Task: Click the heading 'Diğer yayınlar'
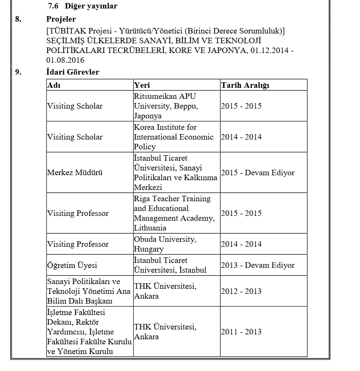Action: (x=91, y=6)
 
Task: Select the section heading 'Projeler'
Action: (x=61, y=19)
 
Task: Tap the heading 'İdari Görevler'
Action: (x=73, y=72)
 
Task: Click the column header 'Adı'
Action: (x=53, y=85)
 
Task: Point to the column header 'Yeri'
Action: (x=142, y=85)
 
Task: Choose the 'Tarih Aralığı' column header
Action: (x=245, y=85)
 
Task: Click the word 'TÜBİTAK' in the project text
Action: (x=66, y=31)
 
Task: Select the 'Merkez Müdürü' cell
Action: (x=75, y=173)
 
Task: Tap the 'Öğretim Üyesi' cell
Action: (x=72, y=265)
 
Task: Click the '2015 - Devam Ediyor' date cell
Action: (x=257, y=173)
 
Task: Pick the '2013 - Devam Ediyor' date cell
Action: (x=257, y=265)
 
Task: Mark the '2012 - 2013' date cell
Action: (x=241, y=291)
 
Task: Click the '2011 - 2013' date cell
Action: (x=241, y=332)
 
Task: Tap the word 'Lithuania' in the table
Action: (x=151, y=228)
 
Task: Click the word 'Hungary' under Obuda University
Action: (x=148, y=249)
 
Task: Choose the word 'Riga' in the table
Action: (x=142, y=199)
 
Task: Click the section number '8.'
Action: (x=18, y=19)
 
